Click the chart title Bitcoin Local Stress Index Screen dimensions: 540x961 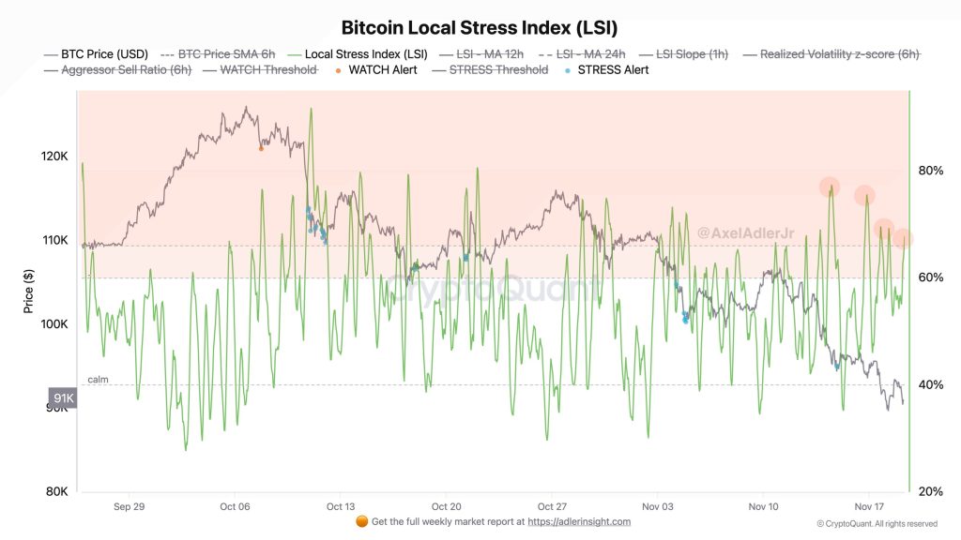(480, 28)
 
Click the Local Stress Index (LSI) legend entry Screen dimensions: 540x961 (366, 54)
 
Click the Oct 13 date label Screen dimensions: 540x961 (340, 506)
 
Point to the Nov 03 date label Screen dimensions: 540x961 (657, 506)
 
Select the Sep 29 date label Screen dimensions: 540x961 (129, 506)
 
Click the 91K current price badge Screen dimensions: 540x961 (63, 398)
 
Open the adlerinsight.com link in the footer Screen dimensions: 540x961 (579, 521)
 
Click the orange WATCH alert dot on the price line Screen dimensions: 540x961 (261, 148)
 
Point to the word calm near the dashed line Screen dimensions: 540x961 (99, 379)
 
